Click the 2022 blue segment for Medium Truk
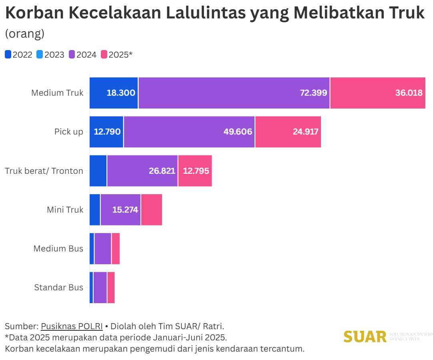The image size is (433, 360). coord(113,93)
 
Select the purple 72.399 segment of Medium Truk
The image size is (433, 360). coord(234,93)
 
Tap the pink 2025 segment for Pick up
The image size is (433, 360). coord(288,132)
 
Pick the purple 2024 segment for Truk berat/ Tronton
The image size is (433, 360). coord(142,171)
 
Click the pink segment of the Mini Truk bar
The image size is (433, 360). coord(151,209)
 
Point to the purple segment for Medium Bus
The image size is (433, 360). coord(103,249)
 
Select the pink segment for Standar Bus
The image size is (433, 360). coord(111,288)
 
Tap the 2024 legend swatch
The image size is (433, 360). coord(72,55)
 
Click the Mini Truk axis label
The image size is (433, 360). coord(65,209)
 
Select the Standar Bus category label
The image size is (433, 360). coord(58,288)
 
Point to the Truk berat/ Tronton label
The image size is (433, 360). coord(44,171)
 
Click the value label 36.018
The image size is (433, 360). coord(409,93)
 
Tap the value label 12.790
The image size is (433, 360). coord(107,132)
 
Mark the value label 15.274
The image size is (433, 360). coord(125,210)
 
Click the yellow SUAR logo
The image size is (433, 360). coord(365,337)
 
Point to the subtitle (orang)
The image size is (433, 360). coord(24,34)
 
